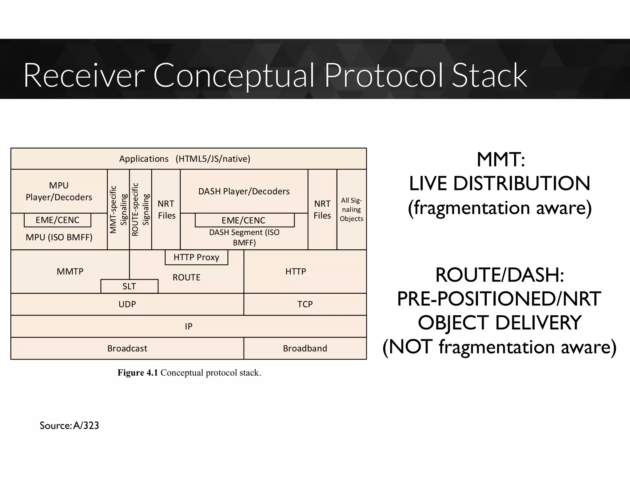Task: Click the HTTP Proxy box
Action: [196, 257]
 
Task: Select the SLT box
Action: [129, 286]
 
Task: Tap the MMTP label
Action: [70, 272]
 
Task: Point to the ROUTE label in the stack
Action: [186, 277]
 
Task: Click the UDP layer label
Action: [127, 304]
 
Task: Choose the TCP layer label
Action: [305, 304]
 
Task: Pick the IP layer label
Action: [189, 326]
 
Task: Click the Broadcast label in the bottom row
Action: [127, 348]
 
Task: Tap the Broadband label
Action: [305, 348]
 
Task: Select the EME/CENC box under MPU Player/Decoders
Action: [58, 220]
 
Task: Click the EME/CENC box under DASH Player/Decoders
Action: [245, 220]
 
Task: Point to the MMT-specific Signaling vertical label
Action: [118, 209]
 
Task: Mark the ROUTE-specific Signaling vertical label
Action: [140, 209]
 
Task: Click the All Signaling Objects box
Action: [352, 209]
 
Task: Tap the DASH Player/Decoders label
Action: [244, 191]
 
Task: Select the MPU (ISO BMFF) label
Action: [59, 237]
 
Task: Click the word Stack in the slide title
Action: [489, 76]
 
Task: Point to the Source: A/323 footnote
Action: [69, 425]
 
